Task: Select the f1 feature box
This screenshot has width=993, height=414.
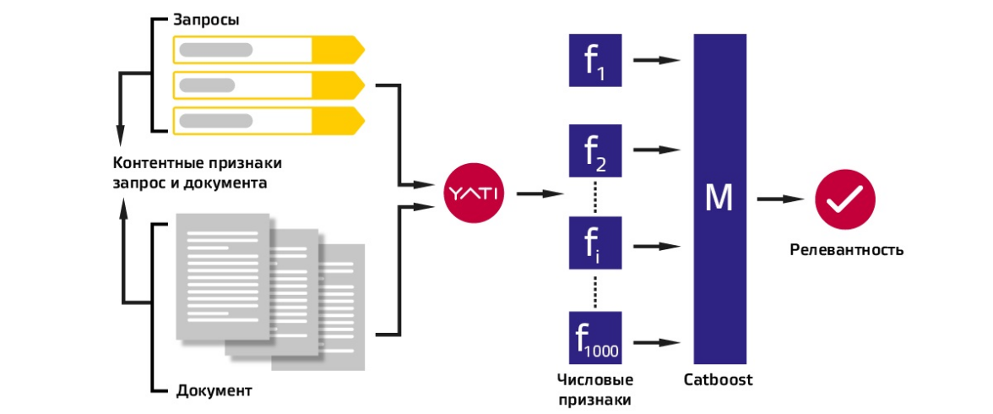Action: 596,61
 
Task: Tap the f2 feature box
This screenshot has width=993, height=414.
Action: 596,151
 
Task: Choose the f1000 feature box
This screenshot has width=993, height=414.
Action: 596,336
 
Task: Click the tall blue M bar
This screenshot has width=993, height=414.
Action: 719,199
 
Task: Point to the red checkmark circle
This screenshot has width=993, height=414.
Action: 845,199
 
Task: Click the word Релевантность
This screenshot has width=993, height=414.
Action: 847,250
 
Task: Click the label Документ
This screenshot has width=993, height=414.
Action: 214,391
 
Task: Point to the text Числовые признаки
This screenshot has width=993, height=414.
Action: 595,389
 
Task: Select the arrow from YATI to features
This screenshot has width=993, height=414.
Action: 540,194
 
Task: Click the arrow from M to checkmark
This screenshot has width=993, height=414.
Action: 780,199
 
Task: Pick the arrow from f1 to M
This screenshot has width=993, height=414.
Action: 658,61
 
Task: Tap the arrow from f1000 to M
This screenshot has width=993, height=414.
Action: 658,342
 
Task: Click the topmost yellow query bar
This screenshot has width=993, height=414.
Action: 268,50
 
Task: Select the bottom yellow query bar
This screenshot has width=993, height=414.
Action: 268,120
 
